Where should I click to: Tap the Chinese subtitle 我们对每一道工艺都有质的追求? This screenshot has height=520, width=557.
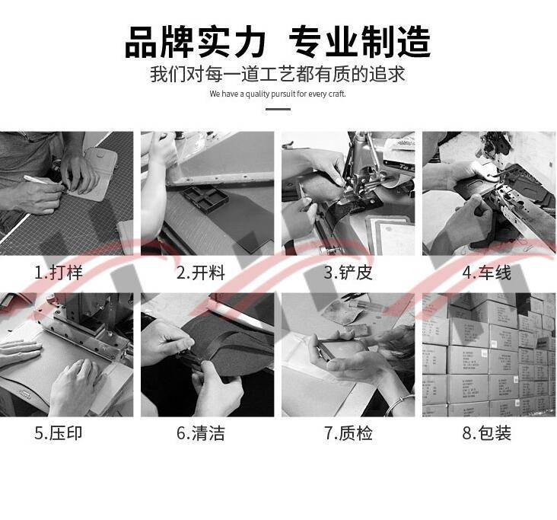278,75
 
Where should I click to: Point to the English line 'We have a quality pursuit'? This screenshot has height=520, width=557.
278,94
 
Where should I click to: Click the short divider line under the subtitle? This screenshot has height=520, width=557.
278,109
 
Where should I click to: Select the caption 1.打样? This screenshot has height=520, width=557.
58,273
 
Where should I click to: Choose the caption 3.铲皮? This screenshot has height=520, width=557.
348,273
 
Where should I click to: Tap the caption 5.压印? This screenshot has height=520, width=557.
58,433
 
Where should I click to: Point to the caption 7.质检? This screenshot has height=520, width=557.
348,433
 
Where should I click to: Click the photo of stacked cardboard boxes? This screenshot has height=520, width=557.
489,355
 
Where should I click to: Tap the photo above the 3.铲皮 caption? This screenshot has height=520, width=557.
348,193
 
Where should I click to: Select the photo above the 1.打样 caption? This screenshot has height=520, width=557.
66,193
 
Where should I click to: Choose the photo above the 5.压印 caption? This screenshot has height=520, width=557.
66,355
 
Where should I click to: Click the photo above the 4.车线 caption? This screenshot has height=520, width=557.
489,193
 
